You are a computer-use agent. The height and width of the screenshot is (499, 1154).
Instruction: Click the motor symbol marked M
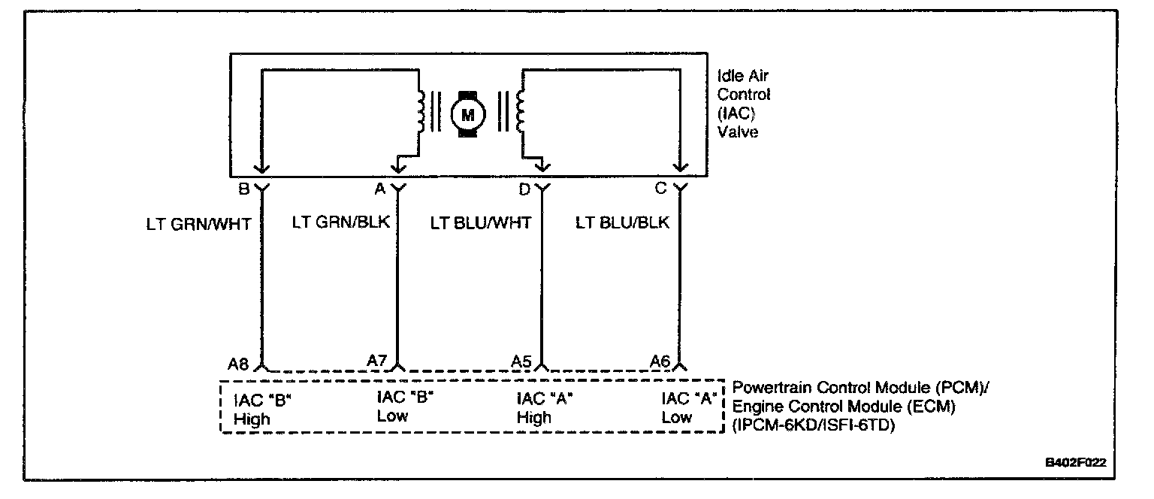pos(468,114)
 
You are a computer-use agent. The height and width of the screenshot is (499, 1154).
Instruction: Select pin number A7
pos(377,361)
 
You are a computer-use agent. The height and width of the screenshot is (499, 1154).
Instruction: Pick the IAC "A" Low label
pos(687,407)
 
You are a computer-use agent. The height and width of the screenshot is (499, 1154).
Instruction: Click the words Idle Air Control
pos(744,86)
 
